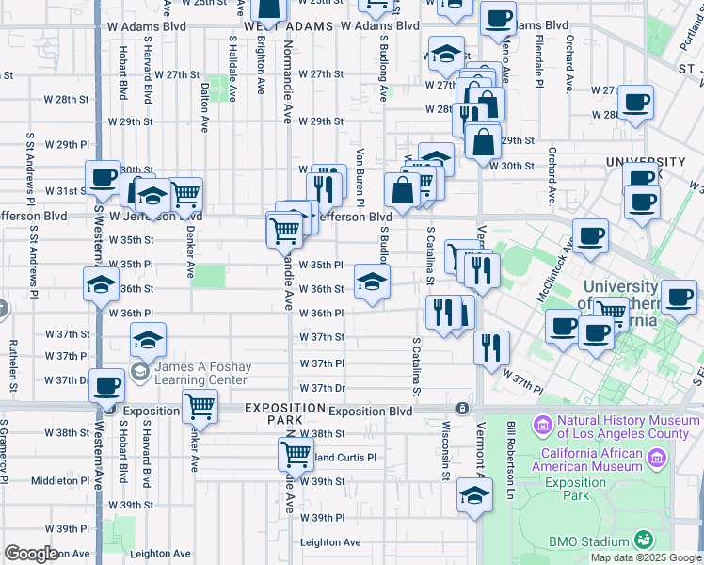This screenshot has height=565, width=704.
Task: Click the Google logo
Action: click(x=31, y=554)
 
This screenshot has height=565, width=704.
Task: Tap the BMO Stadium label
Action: click(x=589, y=541)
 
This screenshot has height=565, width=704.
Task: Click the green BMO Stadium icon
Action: click(x=644, y=540)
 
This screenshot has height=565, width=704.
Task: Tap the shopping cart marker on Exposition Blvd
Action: click(x=200, y=407)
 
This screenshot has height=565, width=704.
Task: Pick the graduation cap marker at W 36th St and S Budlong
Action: click(x=372, y=281)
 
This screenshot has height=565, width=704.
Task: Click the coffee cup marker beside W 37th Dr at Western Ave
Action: click(x=106, y=386)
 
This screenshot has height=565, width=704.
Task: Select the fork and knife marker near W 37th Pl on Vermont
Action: click(x=491, y=347)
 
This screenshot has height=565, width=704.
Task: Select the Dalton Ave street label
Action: click(x=204, y=105)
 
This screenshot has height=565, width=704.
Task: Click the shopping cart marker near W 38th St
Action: click(x=296, y=455)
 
